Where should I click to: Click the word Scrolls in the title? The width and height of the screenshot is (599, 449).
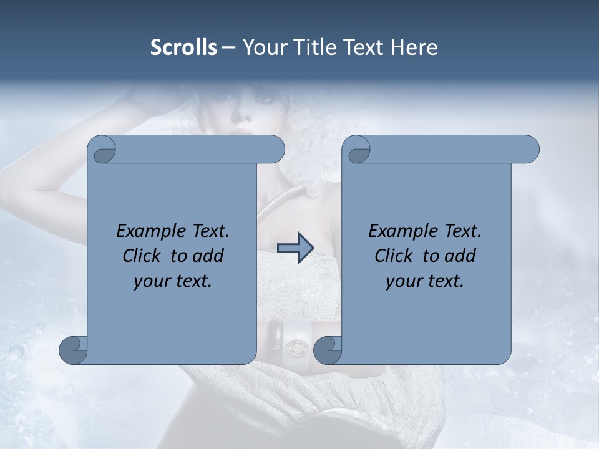(183, 47)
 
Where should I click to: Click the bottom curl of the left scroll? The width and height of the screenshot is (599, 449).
(74, 350)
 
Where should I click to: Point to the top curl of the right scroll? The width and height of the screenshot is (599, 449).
(359, 150)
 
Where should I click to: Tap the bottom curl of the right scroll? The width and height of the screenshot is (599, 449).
(328, 350)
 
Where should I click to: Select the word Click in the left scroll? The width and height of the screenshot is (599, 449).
(143, 256)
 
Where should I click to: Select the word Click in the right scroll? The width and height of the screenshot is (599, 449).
(394, 256)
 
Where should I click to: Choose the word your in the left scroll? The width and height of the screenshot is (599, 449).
(151, 281)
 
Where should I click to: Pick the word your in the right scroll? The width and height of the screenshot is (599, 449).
(403, 281)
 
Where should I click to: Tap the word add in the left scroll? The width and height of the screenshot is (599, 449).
(208, 256)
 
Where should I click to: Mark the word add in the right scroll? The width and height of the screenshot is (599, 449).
(460, 256)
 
